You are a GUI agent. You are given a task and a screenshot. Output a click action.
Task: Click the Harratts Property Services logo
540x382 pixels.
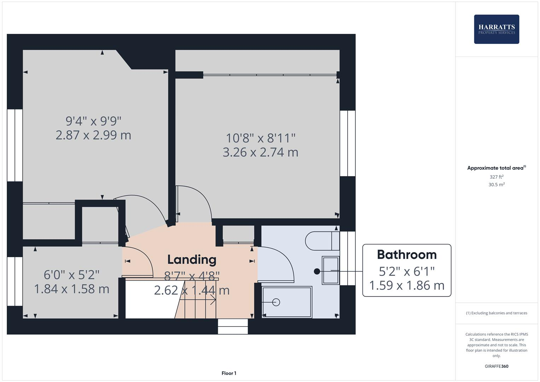(497, 29)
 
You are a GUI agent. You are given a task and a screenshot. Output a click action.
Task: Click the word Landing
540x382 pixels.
(192, 260)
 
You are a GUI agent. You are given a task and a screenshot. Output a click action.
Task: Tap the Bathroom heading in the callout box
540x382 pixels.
(407, 255)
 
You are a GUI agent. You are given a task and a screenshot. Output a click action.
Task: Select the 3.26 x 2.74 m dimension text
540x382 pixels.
(260, 152)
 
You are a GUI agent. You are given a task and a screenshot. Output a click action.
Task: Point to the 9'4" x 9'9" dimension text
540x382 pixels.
(93, 121)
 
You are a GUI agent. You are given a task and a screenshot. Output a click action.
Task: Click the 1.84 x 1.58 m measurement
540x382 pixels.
(71, 289)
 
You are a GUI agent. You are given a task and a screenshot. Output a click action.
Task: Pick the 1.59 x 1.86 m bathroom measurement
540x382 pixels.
(407, 285)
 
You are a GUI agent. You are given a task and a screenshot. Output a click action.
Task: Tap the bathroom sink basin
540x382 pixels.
(331, 271)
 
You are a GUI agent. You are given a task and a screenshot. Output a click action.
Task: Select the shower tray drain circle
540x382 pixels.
(276, 302)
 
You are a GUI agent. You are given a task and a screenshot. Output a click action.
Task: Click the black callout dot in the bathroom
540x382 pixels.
(317, 271)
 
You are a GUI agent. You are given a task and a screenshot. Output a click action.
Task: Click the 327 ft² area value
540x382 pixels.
(497, 177)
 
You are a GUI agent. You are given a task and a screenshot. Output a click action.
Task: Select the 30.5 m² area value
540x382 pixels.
(497, 185)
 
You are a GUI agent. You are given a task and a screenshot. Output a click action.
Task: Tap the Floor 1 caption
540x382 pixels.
(229, 373)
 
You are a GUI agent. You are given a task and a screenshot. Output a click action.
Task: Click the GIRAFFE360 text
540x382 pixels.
(497, 366)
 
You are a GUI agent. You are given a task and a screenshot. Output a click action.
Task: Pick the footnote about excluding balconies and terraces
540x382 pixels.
(497, 313)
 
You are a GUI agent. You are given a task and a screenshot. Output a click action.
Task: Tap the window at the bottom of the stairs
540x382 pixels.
(233, 326)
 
